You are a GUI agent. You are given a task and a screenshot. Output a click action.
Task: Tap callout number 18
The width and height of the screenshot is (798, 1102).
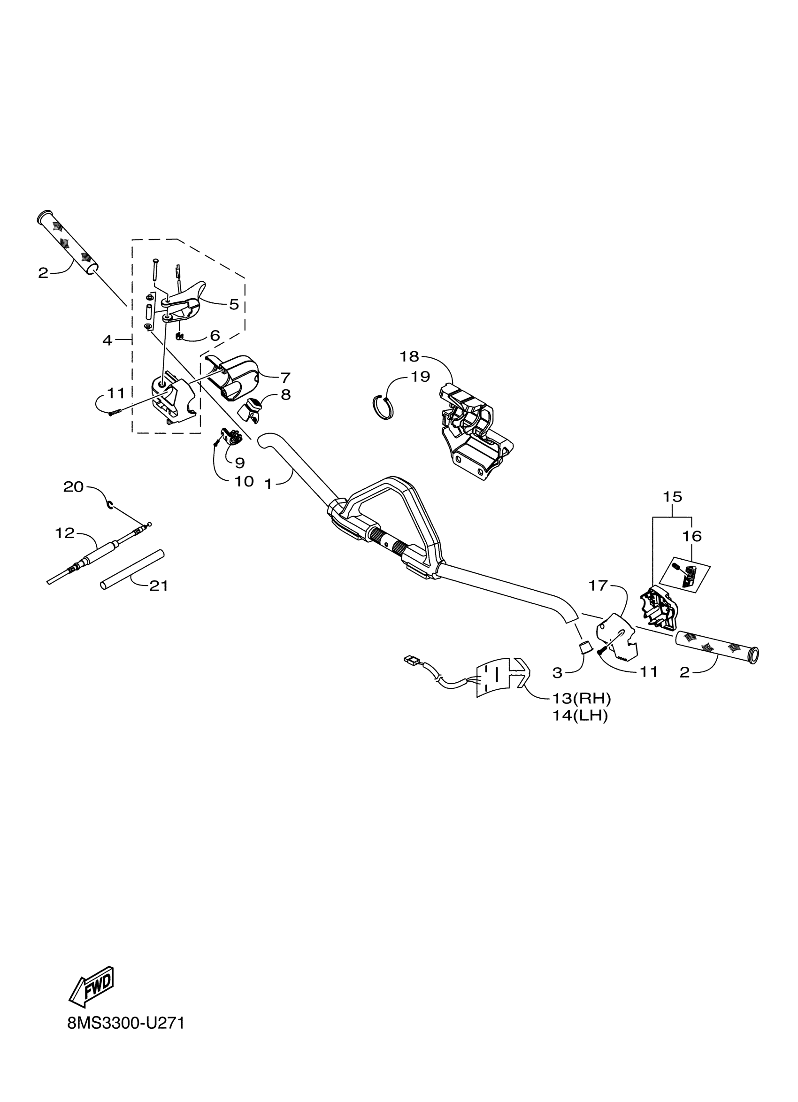[x=409, y=357]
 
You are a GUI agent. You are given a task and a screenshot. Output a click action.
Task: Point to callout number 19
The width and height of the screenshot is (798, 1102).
[x=421, y=376]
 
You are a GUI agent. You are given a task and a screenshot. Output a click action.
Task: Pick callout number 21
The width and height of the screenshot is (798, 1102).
[x=158, y=586]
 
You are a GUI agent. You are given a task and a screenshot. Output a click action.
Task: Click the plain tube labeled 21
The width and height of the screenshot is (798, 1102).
[x=132, y=570]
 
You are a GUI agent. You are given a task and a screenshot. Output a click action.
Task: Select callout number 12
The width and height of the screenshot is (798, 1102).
[x=65, y=533]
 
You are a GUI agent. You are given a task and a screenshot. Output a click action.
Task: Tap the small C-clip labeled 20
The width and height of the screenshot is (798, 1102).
[x=111, y=506]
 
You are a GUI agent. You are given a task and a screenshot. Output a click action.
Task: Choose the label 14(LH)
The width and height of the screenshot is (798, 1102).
[x=580, y=716]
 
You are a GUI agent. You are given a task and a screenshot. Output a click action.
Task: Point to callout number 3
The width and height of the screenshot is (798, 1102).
[x=557, y=673]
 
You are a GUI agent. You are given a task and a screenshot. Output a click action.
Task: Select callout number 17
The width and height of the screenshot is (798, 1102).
[x=598, y=586]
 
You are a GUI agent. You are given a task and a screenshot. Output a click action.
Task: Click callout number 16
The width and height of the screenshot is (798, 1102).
[x=692, y=536]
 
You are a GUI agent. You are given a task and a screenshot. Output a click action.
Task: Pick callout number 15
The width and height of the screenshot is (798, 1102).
[x=673, y=497]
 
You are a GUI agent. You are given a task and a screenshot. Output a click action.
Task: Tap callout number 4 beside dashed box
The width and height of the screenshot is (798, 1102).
[x=107, y=340]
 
